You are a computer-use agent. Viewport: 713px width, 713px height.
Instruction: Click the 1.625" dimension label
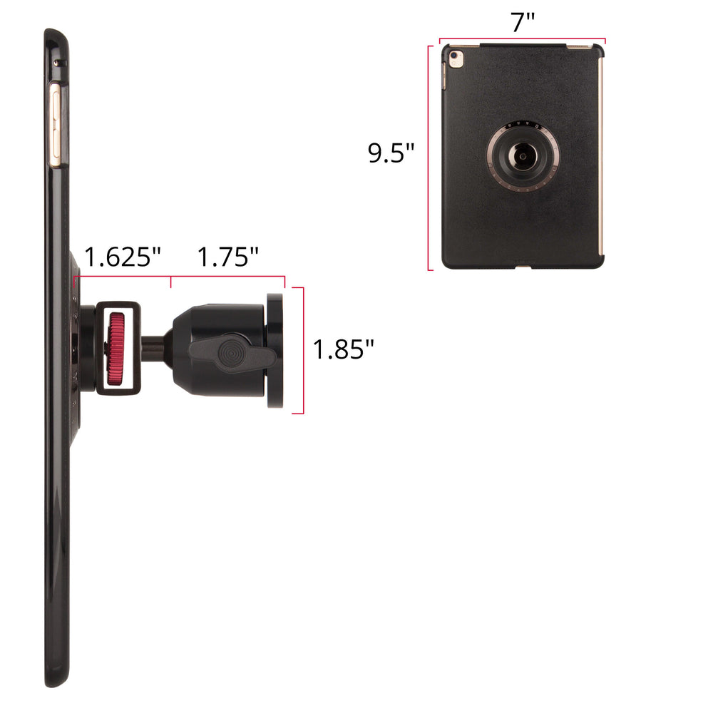pyautogui.click(x=123, y=257)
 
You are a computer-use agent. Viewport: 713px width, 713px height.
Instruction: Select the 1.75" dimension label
pyautogui.click(x=228, y=257)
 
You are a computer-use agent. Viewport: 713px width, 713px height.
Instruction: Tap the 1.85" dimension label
pyautogui.click(x=344, y=349)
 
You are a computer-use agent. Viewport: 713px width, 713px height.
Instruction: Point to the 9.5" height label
pyautogui.click(x=391, y=153)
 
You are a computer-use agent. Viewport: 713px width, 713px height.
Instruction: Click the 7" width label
pyautogui.click(x=523, y=22)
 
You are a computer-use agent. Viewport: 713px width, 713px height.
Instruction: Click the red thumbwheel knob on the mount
pyautogui.click(x=116, y=349)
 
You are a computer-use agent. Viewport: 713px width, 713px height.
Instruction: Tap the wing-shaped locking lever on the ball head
pyautogui.click(x=233, y=352)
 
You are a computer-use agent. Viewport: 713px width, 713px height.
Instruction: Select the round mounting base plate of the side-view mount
pyautogui.click(x=275, y=351)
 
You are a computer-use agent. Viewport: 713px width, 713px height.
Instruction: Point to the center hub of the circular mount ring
pyautogui.click(x=523, y=156)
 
